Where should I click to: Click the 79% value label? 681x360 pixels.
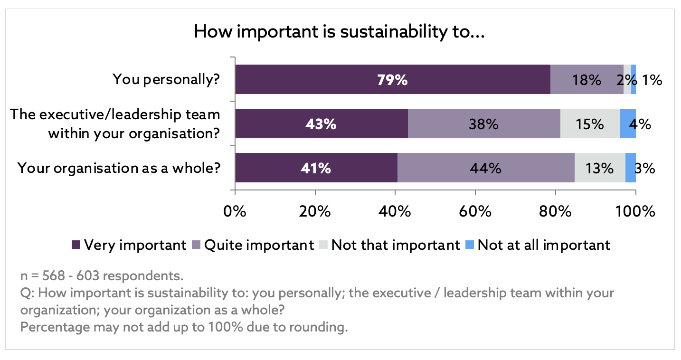click(x=392, y=80)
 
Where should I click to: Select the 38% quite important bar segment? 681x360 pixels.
click(x=484, y=123)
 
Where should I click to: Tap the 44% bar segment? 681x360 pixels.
click(x=486, y=168)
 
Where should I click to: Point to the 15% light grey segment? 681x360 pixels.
click(x=590, y=123)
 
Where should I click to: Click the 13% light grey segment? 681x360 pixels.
click(x=600, y=168)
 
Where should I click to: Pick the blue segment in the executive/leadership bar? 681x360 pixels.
click(x=628, y=123)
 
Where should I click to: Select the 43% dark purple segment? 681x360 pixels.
click(x=322, y=123)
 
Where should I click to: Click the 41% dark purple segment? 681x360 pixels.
click(x=316, y=168)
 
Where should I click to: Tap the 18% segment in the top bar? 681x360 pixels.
click(x=587, y=79)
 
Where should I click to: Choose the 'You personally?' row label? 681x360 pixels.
click(x=166, y=80)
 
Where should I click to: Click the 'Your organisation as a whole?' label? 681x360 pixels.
click(x=119, y=168)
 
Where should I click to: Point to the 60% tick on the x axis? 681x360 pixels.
click(x=475, y=193)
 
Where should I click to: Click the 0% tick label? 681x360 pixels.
click(x=235, y=211)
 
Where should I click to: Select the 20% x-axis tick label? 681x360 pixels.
click(x=315, y=211)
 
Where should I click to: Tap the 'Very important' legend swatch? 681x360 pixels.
click(x=76, y=245)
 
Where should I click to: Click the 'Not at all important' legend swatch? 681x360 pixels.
click(x=470, y=245)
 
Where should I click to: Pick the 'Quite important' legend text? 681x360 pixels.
click(x=259, y=245)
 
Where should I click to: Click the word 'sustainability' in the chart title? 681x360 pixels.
click(x=394, y=32)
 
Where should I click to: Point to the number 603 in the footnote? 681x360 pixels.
click(x=88, y=276)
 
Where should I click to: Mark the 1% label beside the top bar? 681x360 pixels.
click(x=652, y=80)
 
